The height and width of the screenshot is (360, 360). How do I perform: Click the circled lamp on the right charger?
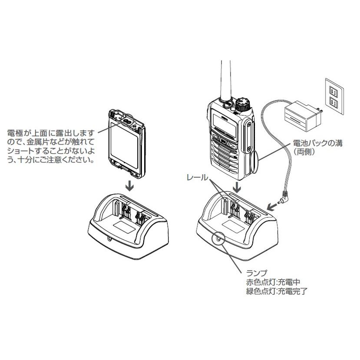[219, 240]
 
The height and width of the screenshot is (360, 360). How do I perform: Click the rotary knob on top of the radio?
[242, 104]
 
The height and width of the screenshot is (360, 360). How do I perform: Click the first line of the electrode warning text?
[51, 130]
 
